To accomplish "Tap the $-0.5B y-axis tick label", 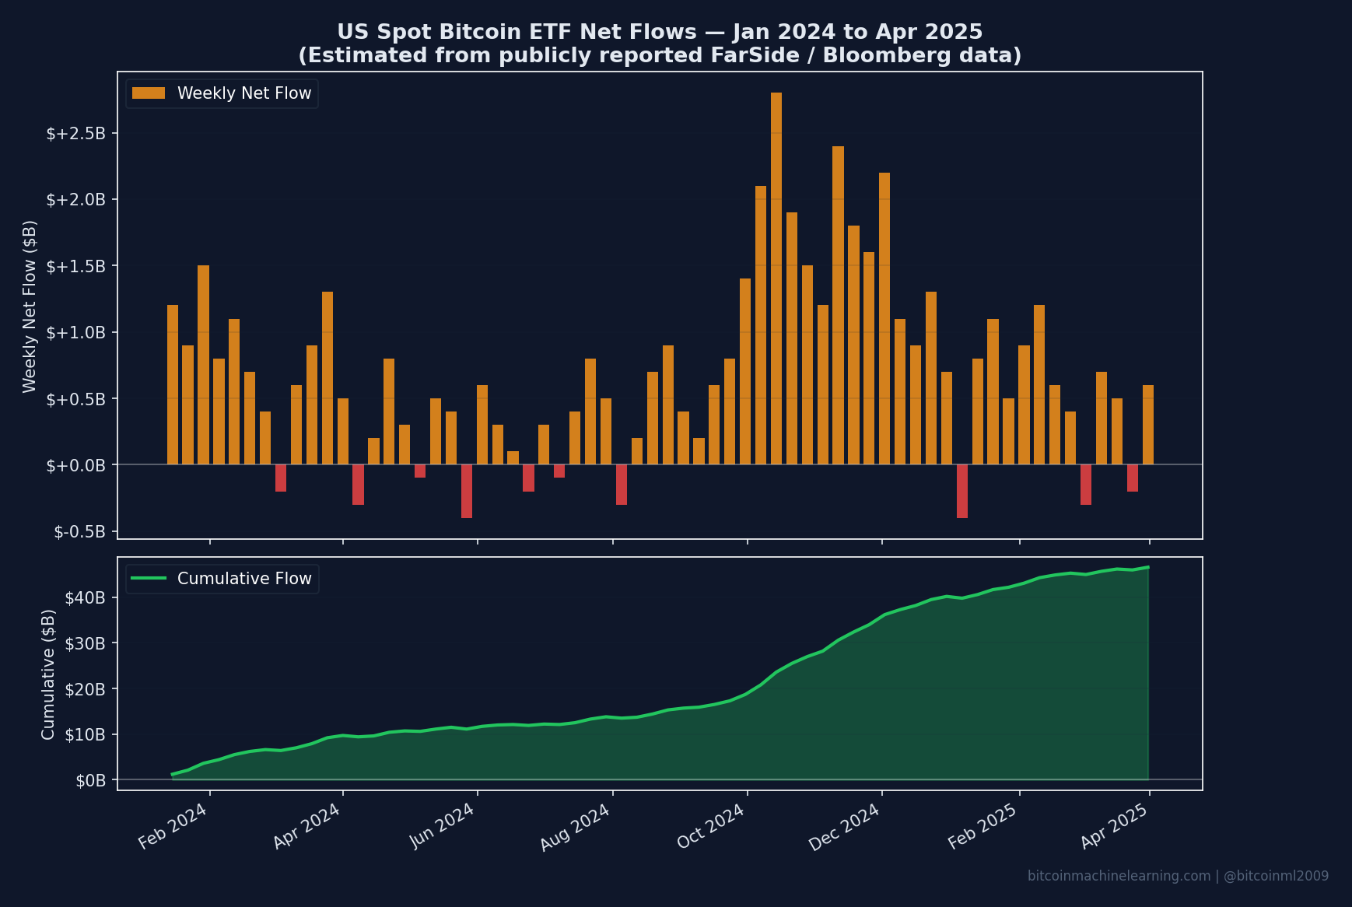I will click(79, 531).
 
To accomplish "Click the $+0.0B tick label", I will click(75, 465).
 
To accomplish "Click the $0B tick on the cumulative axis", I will click(90, 780).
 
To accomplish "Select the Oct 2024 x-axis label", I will click(711, 826).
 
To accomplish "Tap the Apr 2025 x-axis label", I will click(1114, 826).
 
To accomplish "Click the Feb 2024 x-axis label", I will click(173, 826).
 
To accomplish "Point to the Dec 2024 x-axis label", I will click(844, 826).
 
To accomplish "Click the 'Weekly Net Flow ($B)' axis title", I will click(30, 306).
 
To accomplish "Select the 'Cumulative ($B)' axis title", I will click(48, 674).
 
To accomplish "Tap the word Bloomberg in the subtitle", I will click(874, 55).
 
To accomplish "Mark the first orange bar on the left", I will click(173, 385).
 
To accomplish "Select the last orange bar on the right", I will click(1147, 425).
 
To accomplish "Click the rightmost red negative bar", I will click(1132, 478).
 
